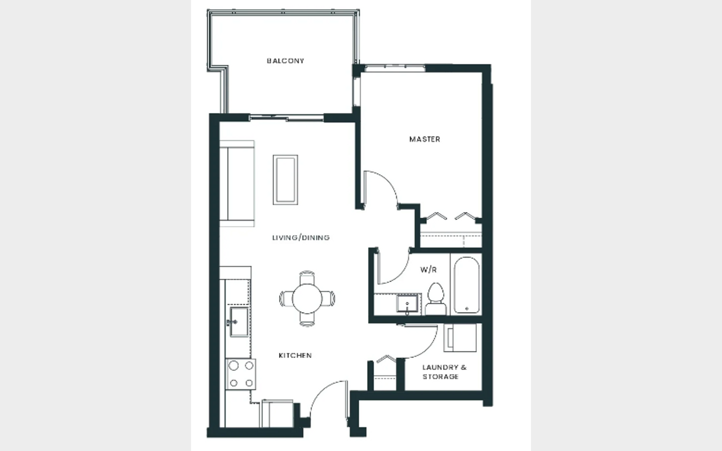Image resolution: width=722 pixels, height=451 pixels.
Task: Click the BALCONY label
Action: point(285,61)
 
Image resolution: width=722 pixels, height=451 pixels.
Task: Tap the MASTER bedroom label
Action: point(425,139)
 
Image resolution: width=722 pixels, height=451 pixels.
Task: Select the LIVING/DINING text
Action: point(301,238)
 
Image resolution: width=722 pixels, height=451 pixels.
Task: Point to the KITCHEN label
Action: point(295,355)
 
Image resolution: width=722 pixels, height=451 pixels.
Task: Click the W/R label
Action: point(428,270)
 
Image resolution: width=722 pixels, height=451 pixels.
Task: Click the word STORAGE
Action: point(440,377)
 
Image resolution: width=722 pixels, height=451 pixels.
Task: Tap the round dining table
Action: point(307,299)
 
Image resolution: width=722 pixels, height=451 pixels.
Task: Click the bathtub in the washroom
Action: point(466,285)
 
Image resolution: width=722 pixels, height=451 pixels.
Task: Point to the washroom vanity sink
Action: point(408,303)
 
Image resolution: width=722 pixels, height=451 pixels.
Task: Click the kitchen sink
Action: point(239,322)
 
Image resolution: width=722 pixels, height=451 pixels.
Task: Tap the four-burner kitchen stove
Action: point(241,374)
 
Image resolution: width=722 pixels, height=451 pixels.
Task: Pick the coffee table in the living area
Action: point(285,180)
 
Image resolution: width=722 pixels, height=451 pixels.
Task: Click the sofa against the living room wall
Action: point(237,183)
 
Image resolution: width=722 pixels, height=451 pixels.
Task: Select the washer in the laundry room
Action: point(460,338)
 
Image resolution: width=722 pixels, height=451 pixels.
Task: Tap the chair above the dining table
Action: point(307,278)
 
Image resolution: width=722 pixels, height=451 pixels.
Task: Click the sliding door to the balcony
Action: point(287,118)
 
